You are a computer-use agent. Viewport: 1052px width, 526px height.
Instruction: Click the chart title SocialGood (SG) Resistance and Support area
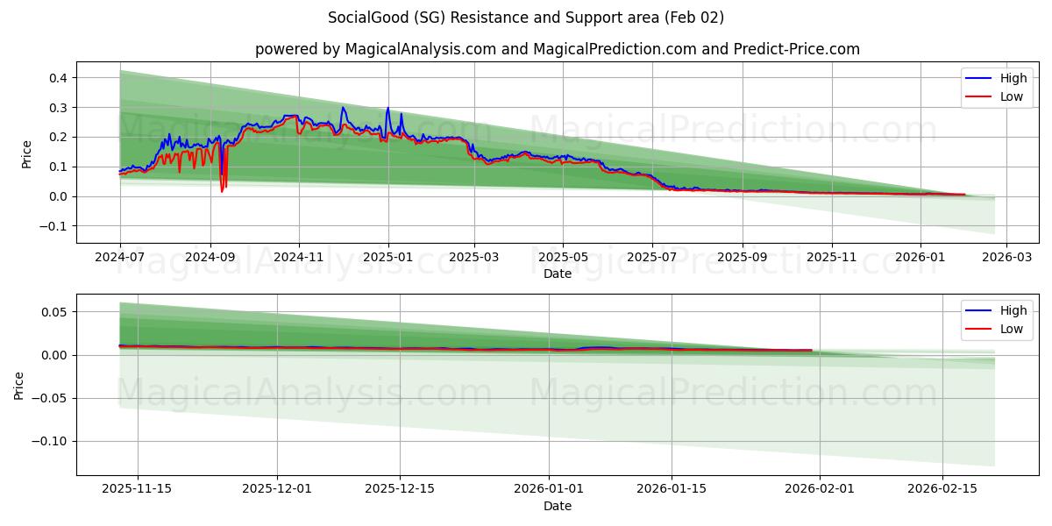[526, 18]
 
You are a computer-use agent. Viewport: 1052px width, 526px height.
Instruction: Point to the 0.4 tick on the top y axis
[58, 78]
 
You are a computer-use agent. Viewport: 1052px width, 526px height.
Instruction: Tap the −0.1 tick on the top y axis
[53, 226]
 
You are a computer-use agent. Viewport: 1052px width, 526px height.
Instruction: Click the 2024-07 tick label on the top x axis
[120, 259]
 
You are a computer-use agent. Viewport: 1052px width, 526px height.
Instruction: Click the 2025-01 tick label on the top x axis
[387, 259]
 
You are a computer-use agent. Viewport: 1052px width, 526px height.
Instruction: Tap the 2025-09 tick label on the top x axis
[742, 259]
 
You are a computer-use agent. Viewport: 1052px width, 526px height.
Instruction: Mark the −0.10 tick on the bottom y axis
[50, 441]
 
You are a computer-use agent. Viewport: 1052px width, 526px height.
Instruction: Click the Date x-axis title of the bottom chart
[558, 506]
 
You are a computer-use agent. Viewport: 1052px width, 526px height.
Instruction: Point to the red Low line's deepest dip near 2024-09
[222, 191]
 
